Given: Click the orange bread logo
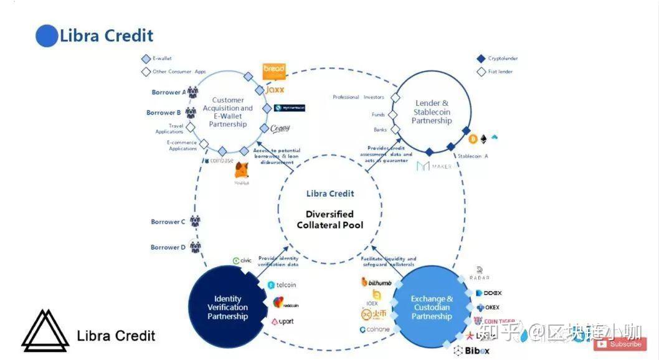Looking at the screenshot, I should pyautogui.click(x=273, y=71).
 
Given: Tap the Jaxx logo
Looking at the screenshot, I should pyautogui.click(x=274, y=90).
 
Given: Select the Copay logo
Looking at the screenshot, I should pyautogui.click(x=280, y=128).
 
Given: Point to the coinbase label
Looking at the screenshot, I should pyautogui.click(x=219, y=160).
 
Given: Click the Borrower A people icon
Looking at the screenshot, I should pyautogui.click(x=192, y=92).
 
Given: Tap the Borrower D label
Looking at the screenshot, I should pyautogui.click(x=168, y=247).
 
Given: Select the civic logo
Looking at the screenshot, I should pyautogui.click(x=242, y=261).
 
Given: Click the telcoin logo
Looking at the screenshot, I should pyautogui.click(x=282, y=285).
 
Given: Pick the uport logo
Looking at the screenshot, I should pyautogui.click(x=282, y=321).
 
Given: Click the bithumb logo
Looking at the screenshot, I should pyautogui.click(x=376, y=283).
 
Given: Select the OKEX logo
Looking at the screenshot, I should pyautogui.click(x=488, y=308).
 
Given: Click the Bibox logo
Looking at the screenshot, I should pyautogui.click(x=473, y=351).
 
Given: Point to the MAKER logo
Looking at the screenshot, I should pyautogui.click(x=434, y=166).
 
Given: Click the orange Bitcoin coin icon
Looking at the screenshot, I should pyautogui.click(x=473, y=138).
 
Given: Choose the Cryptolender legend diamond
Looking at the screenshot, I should pyautogui.click(x=481, y=59).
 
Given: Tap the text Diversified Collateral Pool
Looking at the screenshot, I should pyautogui.click(x=329, y=219).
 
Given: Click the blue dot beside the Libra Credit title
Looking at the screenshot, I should pyautogui.click(x=47, y=36).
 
